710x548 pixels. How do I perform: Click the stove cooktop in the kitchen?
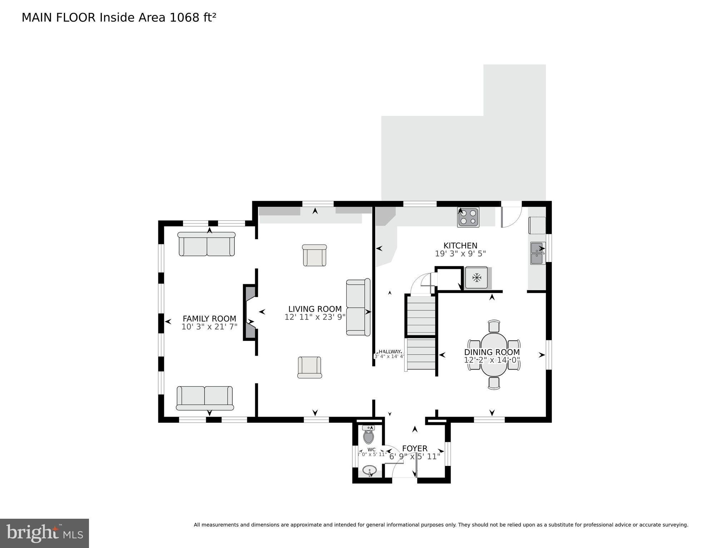coord(468,217)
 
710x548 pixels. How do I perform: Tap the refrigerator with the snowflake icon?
coord(476,277)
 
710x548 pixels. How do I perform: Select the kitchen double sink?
coord(537,253)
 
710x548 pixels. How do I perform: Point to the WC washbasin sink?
coord(369,470)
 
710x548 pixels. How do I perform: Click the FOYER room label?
coord(414,448)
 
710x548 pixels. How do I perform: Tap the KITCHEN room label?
coord(460,246)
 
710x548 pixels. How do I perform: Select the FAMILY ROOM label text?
coord(209,318)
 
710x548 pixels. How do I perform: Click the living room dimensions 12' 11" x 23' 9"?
coord(315,317)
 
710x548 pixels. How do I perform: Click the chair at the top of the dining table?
coord(494,326)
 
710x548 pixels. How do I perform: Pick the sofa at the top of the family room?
coord(207,244)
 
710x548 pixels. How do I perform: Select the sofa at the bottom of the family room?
coord(205,398)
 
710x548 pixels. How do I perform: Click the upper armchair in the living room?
coord(314,255)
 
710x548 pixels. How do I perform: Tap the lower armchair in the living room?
coord(309,367)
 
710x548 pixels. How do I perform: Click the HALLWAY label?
coord(389,351)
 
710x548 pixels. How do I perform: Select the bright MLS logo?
coord(44,533)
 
